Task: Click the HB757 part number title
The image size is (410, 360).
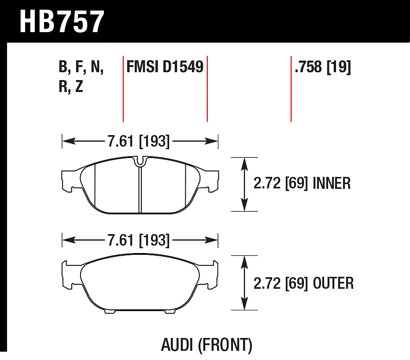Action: pos(62,22)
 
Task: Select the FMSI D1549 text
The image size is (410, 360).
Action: pos(165,66)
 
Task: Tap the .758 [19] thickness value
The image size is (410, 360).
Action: pos(322,67)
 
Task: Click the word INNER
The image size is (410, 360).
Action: pos(331,183)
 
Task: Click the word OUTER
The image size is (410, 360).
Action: pos(333,283)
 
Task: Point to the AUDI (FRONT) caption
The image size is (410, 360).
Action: pos(207,345)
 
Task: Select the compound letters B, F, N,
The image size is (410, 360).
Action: pos(81,66)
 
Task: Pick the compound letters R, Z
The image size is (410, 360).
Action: pos(70,86)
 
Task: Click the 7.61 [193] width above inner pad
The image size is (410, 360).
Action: pos(139,141)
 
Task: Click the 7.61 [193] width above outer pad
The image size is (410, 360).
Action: pos(139,240)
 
